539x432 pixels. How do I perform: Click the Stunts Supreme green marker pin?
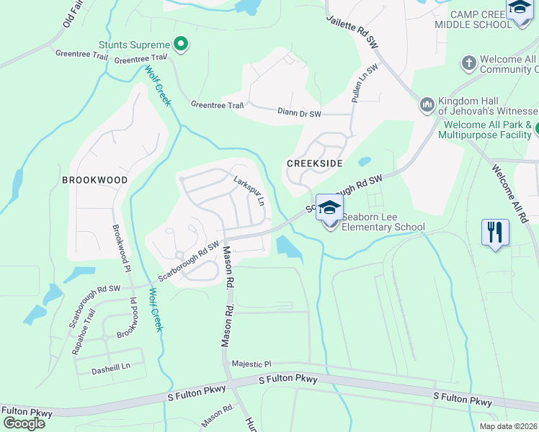pyautogui.click(x=182, y=45)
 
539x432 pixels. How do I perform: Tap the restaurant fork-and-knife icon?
pyautogui.click(x=495, y=232)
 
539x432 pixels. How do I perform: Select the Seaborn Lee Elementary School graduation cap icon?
pyautogui.click(x=329, y=208)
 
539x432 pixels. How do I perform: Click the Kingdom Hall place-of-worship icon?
pyautogui.click(x=427, y=105)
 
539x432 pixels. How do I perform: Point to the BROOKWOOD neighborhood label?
pyautogui.click(x=94, y=180)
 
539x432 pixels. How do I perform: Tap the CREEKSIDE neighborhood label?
pyautogui.click(x=314, y=163)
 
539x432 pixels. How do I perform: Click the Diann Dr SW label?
pyautogui.click(x=299, y=113)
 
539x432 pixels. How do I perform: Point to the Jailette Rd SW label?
pyautogui.click(x=352, y=32)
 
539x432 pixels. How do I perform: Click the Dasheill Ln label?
pyautogui.click(x=110, y=366)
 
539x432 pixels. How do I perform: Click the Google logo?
pyautogui.click(x=24, y=423)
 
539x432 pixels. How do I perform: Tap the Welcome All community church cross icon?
pyautogui.click(x=469, y=62)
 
